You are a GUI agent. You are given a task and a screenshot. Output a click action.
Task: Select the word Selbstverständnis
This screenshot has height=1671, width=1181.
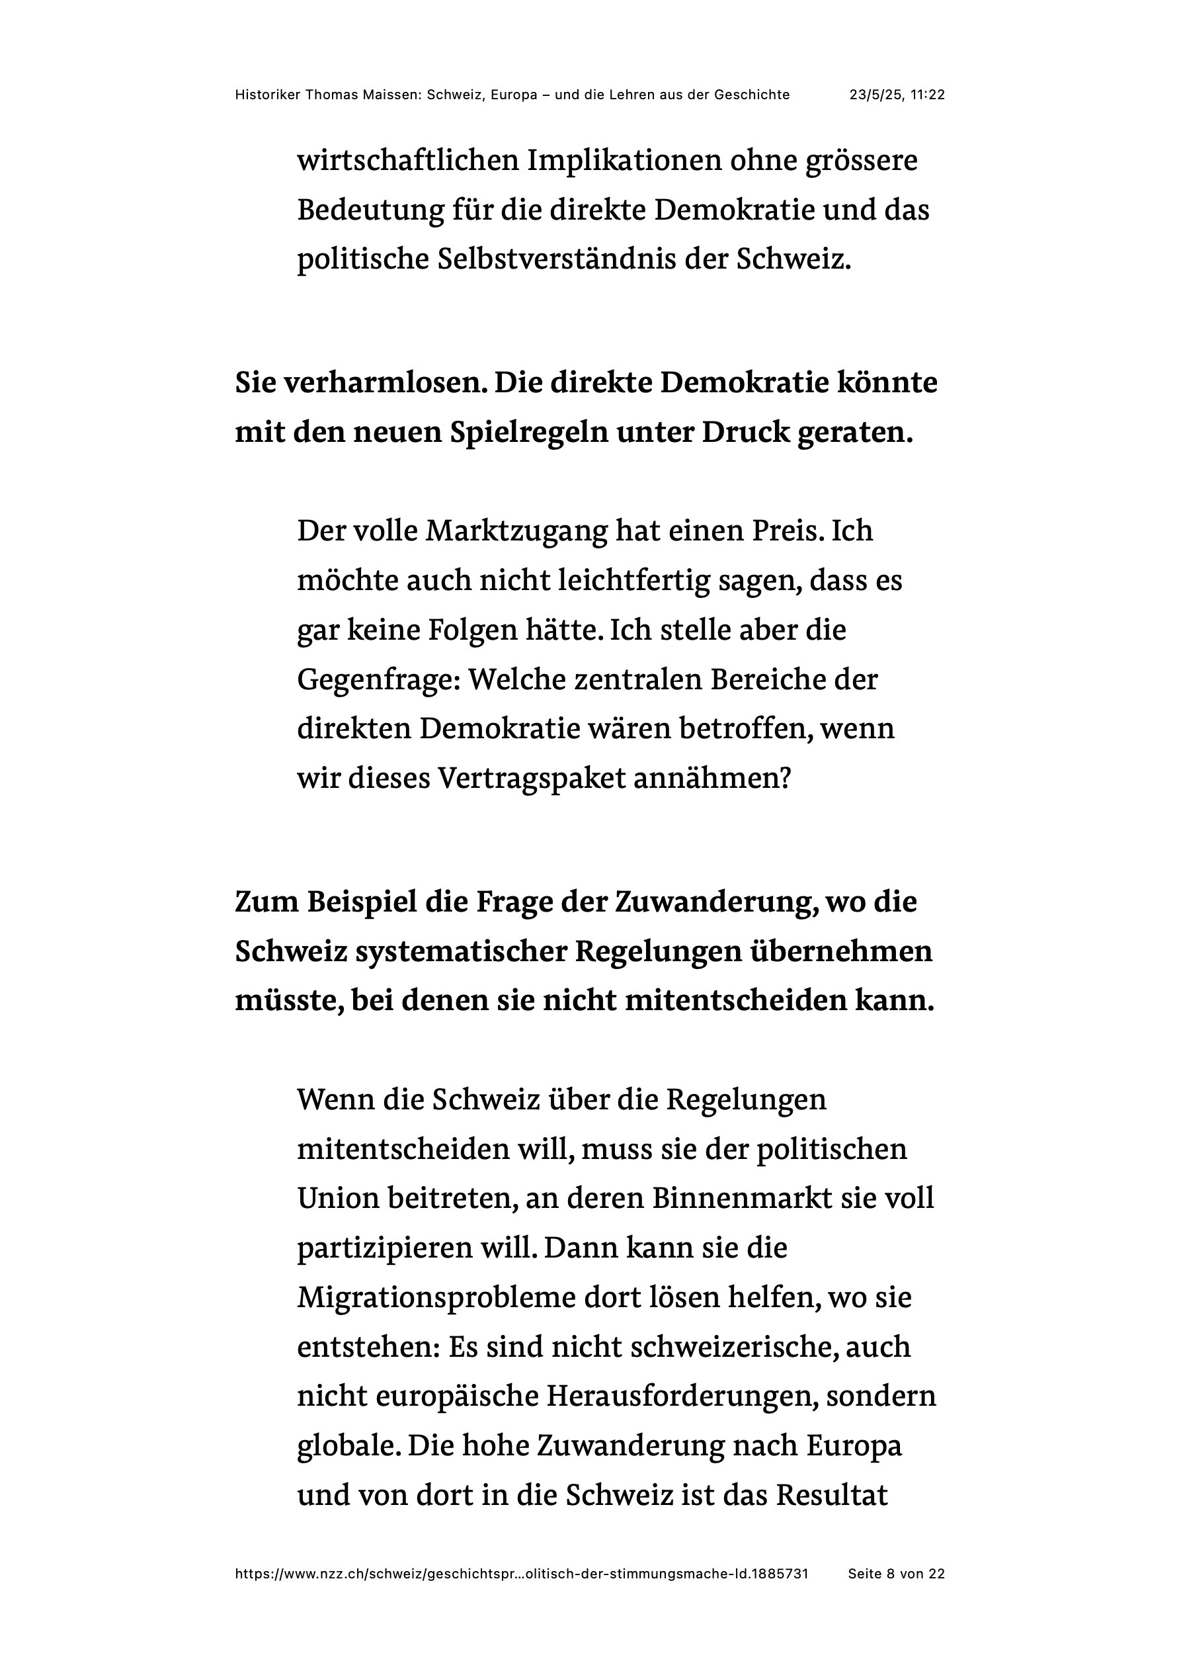coord(556,259)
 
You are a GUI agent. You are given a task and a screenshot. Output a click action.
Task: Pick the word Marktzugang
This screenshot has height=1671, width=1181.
coord(516,531)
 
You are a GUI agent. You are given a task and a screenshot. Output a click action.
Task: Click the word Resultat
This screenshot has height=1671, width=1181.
coord(832,1495)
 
